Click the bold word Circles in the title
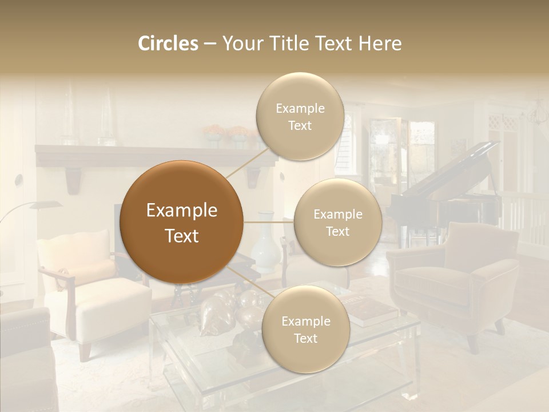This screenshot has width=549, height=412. [x=168, y=43]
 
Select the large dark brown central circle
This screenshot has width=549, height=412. [x=182, y=223]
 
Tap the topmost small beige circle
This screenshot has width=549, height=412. [x=300, y=117]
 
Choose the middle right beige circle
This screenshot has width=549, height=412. [x=337, y=223]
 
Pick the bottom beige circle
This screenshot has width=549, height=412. [x=305, y=330]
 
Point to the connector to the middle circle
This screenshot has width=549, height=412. [x=269, y=222]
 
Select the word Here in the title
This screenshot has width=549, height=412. [x=381, y=43]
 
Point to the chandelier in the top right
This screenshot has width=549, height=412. [x=538, y=112]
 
